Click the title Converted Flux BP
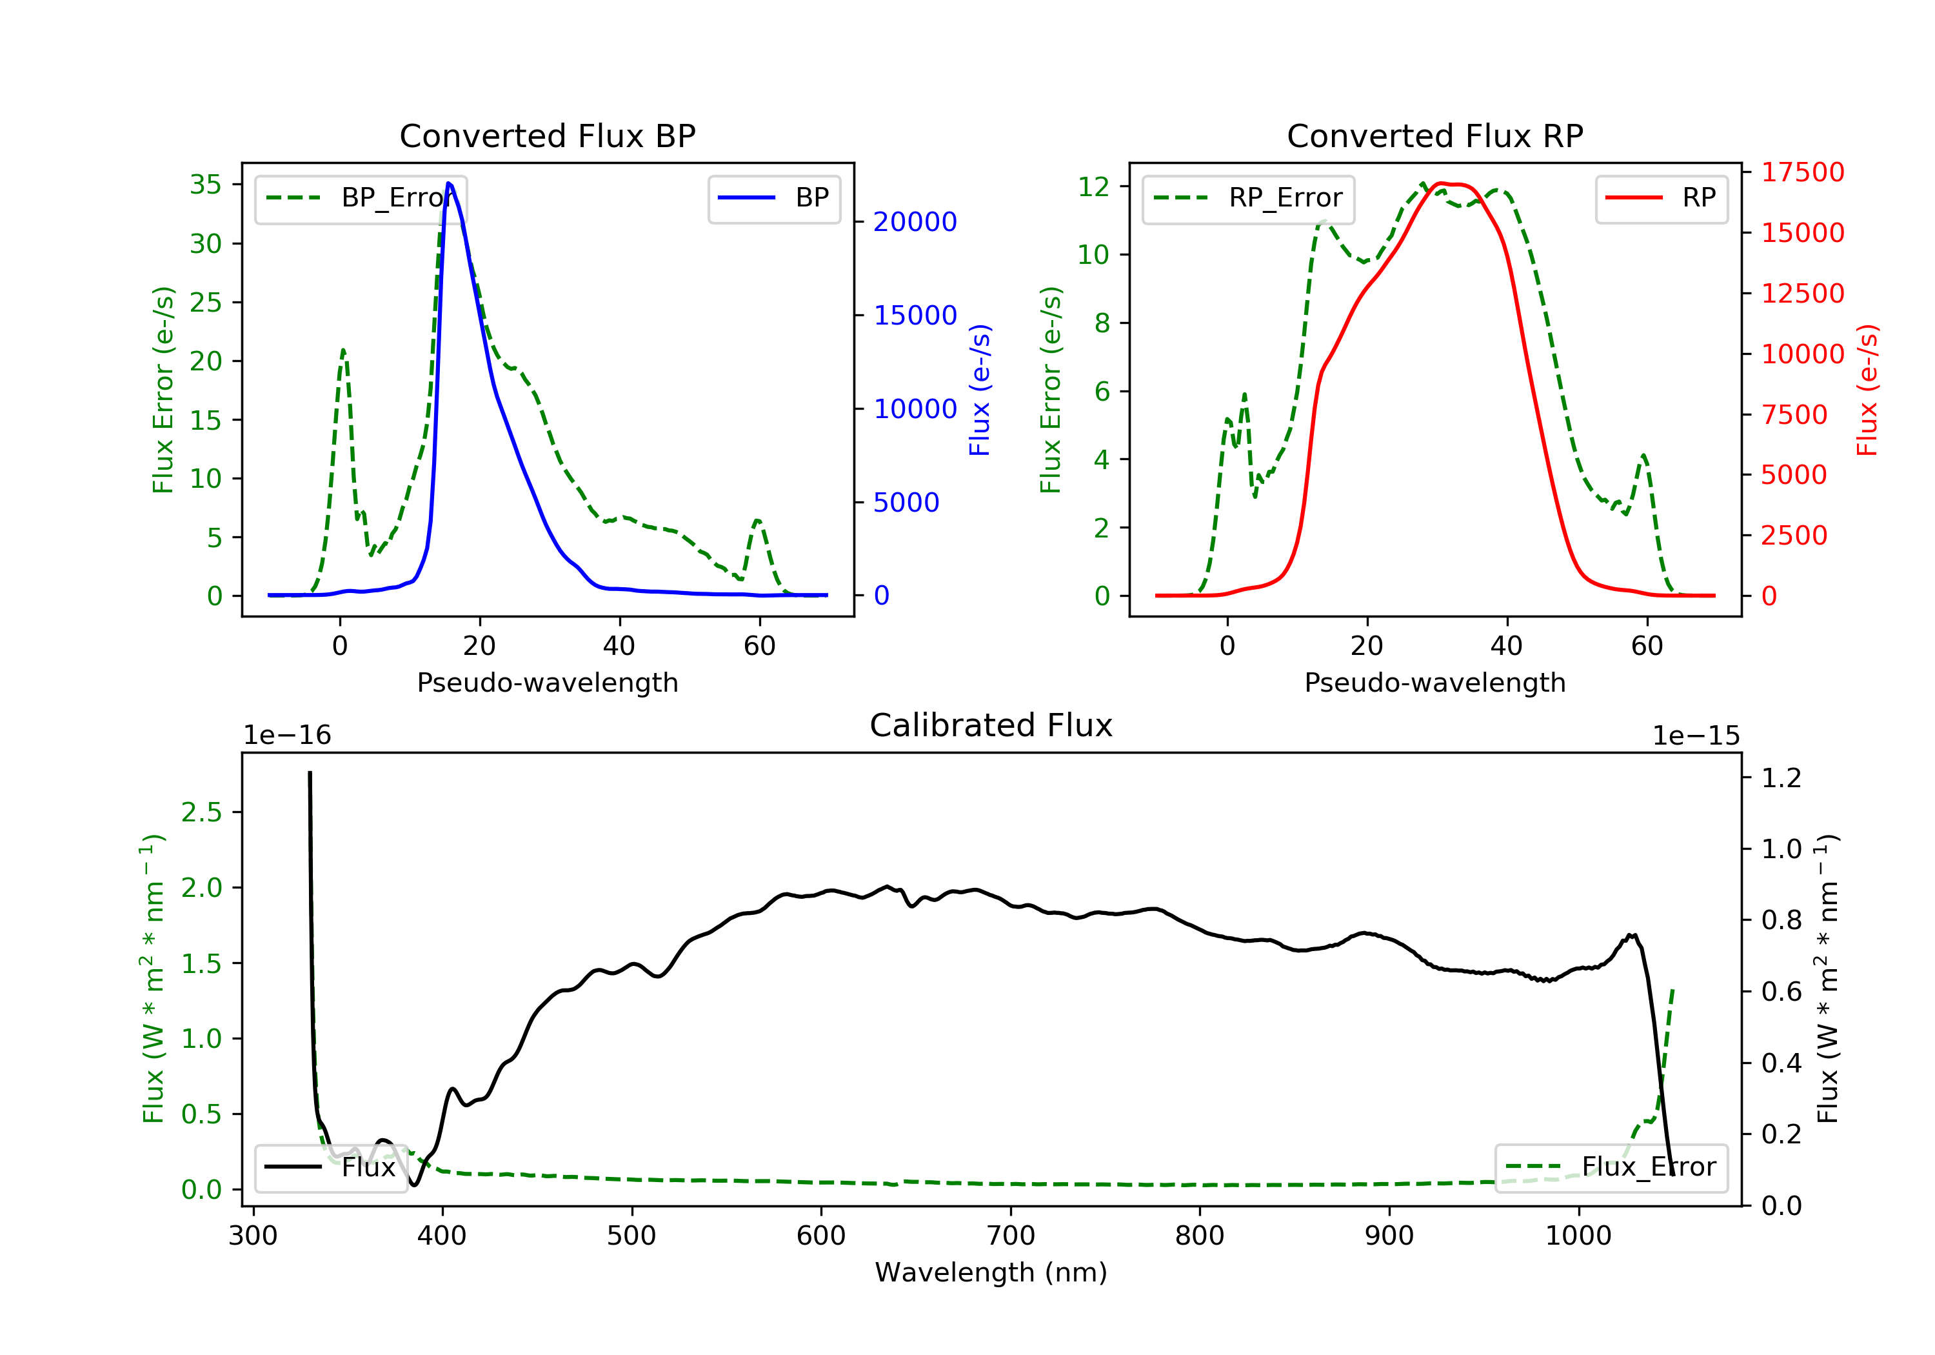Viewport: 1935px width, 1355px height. pos(547,135)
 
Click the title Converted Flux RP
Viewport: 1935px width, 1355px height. pos(1434,135)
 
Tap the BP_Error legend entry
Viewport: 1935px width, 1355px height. pos(361,198)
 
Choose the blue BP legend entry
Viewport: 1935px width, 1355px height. pos(773,198)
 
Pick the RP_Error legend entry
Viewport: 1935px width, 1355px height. pos(1248,198)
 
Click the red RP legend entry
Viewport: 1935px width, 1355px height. pos(1661,198)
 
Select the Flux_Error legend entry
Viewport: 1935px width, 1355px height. pos(1611,1167)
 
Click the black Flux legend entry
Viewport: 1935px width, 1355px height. pos(330,1167)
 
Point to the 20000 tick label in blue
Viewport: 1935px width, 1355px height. pos(915,222)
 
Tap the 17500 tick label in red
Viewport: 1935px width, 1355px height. pos(1803,172)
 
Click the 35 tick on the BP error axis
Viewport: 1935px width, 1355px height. pos(206,185)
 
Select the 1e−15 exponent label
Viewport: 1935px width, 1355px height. pos(1696,736)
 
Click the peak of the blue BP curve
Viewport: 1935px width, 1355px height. pos(448,183)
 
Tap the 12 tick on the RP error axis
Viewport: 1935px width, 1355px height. pos(1094,186)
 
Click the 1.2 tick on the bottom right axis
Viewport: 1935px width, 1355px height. pos(1781,778)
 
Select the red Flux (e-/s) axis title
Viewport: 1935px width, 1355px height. pos(1867,390)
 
